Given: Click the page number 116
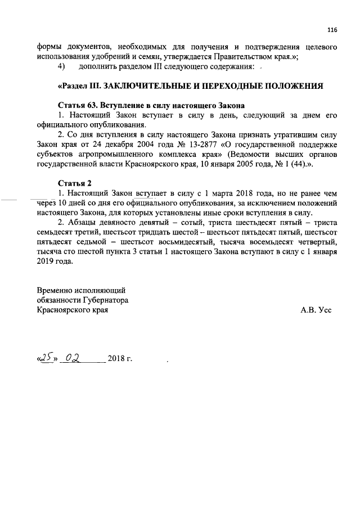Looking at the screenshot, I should click(332, 30).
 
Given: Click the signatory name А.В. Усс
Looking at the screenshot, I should click(316, 309).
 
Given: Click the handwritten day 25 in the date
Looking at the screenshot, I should click(46, 358).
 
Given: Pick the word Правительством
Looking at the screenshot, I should click(239, 57).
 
